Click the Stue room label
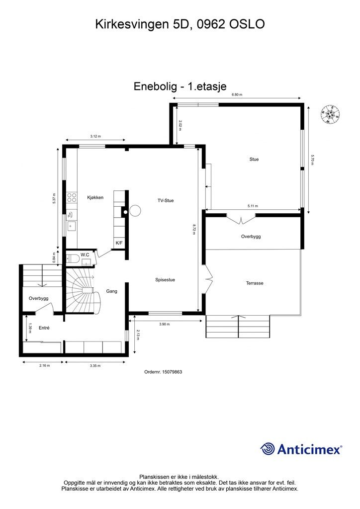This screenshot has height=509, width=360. point(254,159)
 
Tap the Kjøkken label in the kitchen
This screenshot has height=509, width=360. point(95,197)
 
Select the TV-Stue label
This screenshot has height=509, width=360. point(166,200)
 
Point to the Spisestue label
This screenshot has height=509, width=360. point(165,279)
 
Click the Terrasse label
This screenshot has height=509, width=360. point(255,283)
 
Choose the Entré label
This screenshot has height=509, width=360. point(44,328)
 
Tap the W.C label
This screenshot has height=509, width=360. point(85,255)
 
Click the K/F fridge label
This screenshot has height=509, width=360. point(119,243)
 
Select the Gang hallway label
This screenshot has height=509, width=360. point(112,291)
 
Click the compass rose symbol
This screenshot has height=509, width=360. point(331,114)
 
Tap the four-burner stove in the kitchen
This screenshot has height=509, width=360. point(72,197)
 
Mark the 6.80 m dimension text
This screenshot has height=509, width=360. point(237,95)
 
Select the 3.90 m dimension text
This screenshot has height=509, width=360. point(164,324)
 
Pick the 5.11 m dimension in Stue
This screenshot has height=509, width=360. point(253,206)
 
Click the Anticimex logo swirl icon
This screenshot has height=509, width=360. point(268,449)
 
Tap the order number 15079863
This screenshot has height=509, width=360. point(172,372)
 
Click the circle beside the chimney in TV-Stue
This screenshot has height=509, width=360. point(135,211)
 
